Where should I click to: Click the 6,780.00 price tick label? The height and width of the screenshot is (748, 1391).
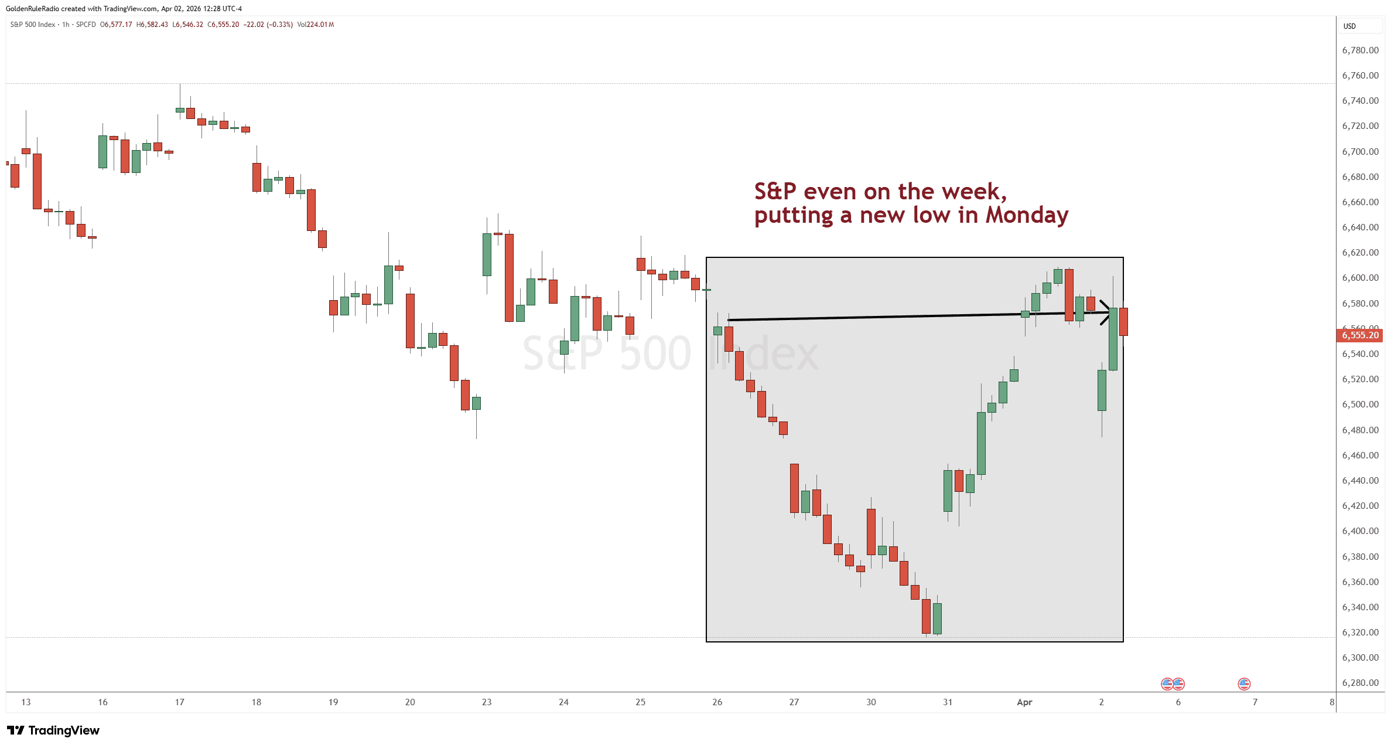click(1360, 50)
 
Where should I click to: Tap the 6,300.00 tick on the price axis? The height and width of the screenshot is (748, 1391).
click(1360, 658)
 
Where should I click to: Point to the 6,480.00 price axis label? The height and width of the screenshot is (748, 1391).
click(1360, 430)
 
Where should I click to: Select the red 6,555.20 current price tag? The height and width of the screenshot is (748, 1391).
click(1360, 335)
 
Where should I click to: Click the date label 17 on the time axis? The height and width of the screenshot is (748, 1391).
click(179, 702)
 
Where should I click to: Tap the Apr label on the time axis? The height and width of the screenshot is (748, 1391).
click(1024, 702)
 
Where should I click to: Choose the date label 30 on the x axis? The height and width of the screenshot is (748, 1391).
click(871, 702)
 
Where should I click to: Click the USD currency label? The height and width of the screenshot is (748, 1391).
click(1349, 26)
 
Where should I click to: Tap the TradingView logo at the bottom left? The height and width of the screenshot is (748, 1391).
click(53, 730)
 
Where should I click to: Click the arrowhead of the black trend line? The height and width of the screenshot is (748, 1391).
click(1105, 312)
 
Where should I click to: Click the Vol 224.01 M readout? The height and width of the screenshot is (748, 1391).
click(316, 25)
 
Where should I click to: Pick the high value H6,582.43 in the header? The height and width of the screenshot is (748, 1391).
click(152, 25)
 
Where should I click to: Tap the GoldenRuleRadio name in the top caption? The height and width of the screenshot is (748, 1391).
click(32, 9)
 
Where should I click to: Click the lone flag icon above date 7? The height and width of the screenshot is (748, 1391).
click(1244, 684)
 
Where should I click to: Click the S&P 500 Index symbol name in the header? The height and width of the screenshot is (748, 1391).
click(33, 25)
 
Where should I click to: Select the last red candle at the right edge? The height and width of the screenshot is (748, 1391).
click(1123, 321)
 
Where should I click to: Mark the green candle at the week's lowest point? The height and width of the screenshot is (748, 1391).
click(937, 618)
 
